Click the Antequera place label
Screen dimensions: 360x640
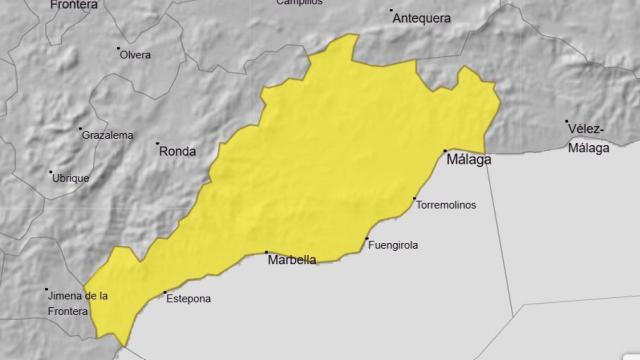point(423,18)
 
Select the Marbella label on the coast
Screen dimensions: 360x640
point(292,260)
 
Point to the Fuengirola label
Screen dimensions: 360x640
point(393,245)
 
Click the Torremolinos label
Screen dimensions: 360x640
point(446,205)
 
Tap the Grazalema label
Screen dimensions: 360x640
point(108,135)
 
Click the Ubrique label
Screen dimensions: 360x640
point(71,178)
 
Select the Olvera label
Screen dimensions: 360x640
point(135,54)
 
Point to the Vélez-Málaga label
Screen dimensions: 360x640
point(588,139)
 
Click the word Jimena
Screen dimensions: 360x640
point(64,295)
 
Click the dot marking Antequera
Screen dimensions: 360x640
point(392,11)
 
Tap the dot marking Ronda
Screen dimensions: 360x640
point(158,145)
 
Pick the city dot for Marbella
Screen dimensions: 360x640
point(266,253)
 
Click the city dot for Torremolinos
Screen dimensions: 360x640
point(414,199)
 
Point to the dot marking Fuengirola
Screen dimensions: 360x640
point(367,239)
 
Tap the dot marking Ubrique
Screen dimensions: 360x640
point(51,172)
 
